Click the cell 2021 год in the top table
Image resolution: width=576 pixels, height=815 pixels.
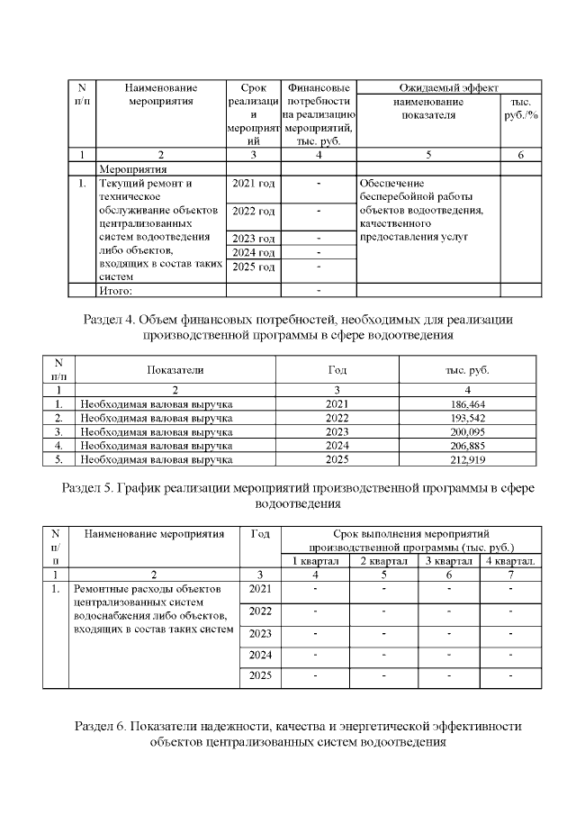tap(253, 184)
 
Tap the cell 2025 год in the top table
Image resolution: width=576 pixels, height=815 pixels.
tap(253, 267)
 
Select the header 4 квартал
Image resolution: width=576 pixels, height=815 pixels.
tap(511, 560)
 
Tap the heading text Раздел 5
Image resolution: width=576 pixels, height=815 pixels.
tap(90, 488)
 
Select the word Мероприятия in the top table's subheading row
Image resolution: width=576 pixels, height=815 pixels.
tap(133, 168)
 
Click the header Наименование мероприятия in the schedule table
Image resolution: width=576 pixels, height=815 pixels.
tap(154, 534)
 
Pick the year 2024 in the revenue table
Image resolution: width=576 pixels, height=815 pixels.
tap(341, 445)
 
